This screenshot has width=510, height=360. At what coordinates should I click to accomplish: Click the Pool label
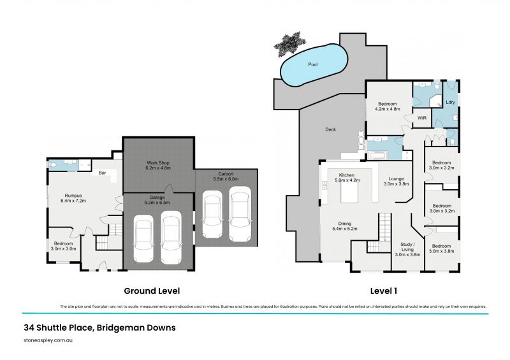coord(312,64)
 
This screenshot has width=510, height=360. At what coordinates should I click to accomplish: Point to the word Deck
coord(330,129)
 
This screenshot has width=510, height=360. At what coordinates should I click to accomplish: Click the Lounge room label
coord(396,180)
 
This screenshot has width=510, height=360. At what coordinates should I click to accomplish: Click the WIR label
coord(421,118)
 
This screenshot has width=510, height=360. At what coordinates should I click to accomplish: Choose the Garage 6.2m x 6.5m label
coord(157,200)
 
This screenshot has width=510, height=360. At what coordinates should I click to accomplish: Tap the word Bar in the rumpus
coord(101,172)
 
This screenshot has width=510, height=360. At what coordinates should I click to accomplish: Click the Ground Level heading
coord(152,291)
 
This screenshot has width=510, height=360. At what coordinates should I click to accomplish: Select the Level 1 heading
coord(384,291)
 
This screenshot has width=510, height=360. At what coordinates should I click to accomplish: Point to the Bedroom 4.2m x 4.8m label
coord(388,106)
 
